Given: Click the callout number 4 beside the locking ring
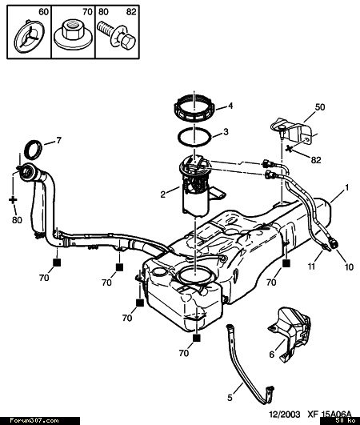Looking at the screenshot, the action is point(230,106).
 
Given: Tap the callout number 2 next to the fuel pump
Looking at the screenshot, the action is point(162,194).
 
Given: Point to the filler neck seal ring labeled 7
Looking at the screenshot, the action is point(34,150).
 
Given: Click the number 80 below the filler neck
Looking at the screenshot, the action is point(17,220).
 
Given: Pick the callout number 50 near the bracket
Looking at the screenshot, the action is point(320,107).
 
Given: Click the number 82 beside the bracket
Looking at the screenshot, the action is point(315,160).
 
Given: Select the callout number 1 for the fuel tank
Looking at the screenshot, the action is point(346,187).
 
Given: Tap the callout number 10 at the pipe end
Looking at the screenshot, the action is point(349,267).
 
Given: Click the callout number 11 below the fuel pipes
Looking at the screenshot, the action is point(312,267).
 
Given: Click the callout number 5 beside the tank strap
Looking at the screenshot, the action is point(230,398).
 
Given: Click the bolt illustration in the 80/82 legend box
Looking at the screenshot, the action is point(116,34).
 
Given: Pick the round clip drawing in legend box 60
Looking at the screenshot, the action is point(29,36).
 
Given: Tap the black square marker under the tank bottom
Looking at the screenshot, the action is point(197,338).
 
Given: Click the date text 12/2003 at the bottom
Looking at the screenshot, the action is point(285,415).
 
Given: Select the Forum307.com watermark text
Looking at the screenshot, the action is point(34,421).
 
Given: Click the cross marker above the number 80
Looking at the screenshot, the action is point(13,200).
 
